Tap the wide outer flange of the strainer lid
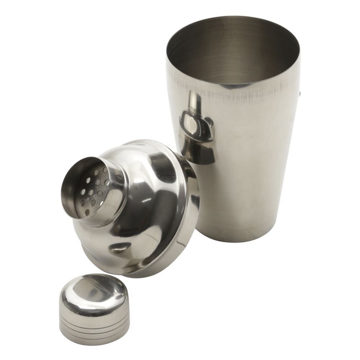point(187,230)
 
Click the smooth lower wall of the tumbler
point(245,202)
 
